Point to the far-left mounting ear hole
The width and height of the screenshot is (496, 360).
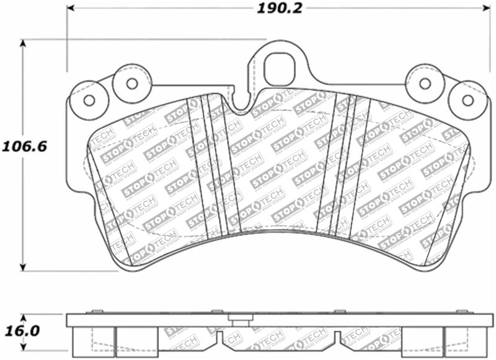pos(89,100)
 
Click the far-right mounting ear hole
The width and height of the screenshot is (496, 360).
pos(468,100)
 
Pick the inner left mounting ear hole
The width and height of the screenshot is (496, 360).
pos(131,83)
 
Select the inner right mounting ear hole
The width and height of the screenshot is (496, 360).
pos(425,83)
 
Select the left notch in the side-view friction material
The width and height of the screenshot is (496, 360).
pos(219,338)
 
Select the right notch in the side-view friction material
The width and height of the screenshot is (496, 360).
pos(336,338)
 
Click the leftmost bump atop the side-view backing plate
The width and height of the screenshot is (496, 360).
pos(94,312)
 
